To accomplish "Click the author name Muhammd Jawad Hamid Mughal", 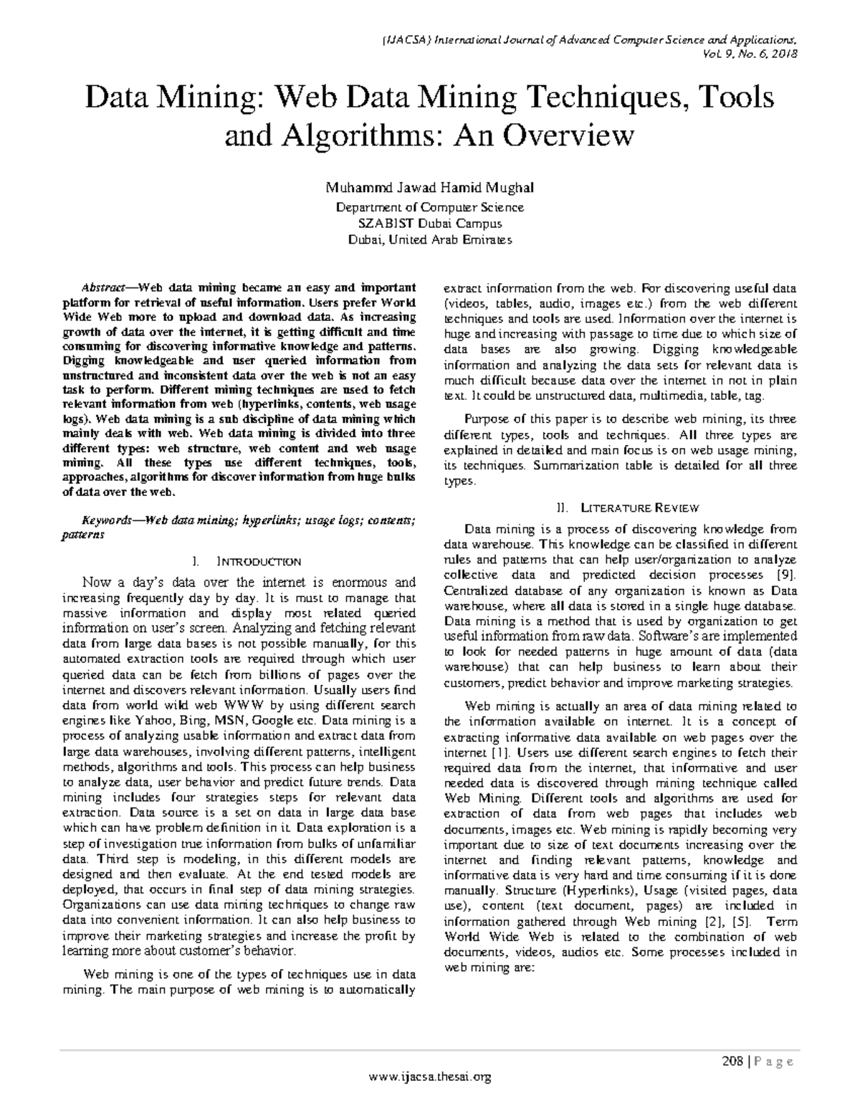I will click(429, 188).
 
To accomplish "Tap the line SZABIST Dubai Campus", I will click(429, 224).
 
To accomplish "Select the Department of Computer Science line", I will click(429, 207).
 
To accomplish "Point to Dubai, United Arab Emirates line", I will click(429, 240).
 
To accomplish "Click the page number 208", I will click(732, 1061).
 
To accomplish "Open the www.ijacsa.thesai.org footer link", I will click(429, 1076).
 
